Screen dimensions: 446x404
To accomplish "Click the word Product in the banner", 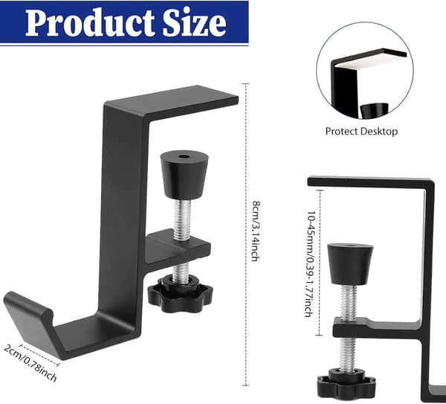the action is pyautogui.click(x=90, y=22).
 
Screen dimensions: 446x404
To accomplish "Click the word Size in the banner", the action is pyautogui.click(x=195, y=22).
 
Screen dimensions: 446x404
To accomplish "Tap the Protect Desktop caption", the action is pyautogui.click(x=361, y=131).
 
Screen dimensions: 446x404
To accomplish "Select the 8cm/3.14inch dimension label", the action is pyautogui.click(x=256, y=231).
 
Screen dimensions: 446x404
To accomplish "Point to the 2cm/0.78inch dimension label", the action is pyautogui.click(x=30, y=362).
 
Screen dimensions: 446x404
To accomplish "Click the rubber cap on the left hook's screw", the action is pyautogui.click(x=184, y=175).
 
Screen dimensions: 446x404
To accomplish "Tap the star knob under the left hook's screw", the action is pyautogui.click(x=180, y=295).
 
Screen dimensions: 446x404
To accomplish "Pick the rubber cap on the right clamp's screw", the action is pyautogui.click(x=350, y=264).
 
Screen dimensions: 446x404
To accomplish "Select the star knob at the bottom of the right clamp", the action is pyautogui.click(x=346, y=385).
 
